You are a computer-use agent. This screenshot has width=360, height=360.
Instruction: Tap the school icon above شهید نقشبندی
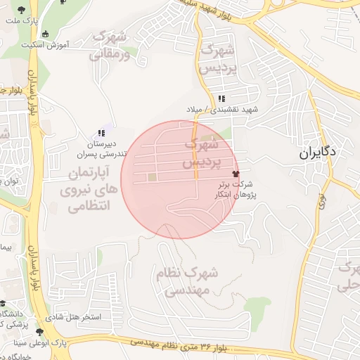(222, 98)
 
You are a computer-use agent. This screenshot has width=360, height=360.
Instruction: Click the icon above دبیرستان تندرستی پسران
(102, 131)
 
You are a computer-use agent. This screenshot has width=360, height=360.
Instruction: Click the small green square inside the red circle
(152, 176)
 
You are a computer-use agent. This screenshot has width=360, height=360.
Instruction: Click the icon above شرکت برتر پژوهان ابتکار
(236, 174)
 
